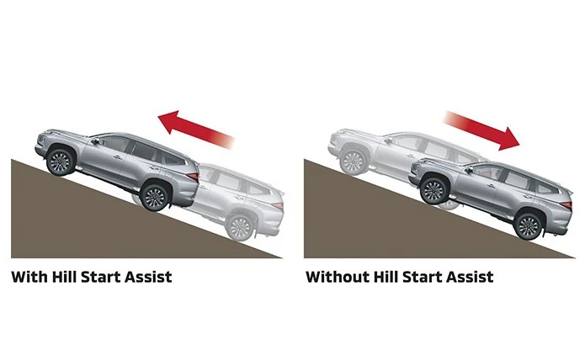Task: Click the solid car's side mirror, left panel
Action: (x=96, y=141)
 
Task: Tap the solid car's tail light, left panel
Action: (x=193, y=176)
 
